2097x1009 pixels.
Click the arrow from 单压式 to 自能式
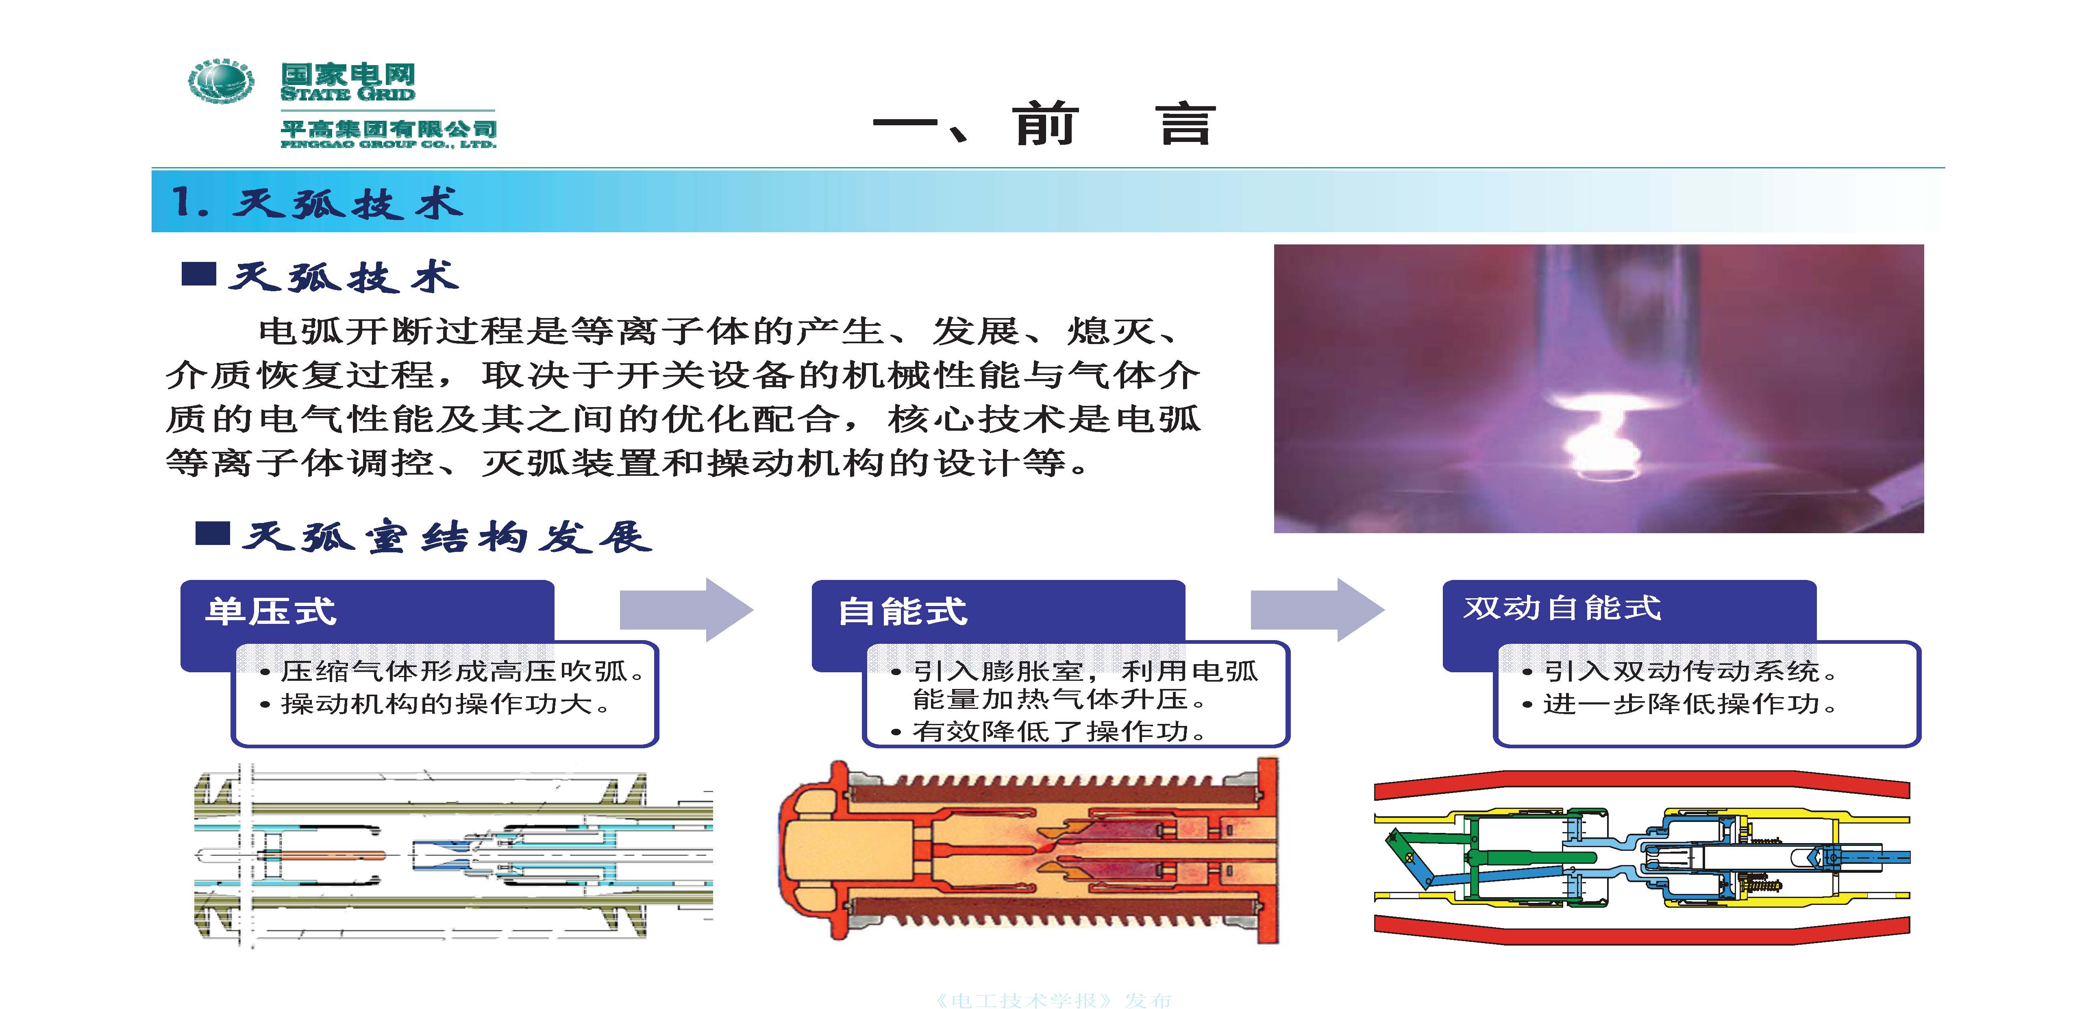click(x=686, y=610)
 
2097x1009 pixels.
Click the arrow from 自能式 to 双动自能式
click(x=1317, y=610)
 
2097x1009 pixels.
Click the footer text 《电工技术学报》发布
click(x=1053, y=1000)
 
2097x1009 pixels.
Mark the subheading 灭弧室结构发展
click(x=447, y=538)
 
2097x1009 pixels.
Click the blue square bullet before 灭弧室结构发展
click(x=213, y=534)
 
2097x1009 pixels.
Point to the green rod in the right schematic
click(x=1530, y=858)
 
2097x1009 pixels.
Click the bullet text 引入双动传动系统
click(x=1690, y=671)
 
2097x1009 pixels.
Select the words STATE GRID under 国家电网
click(x=348, y=94)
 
